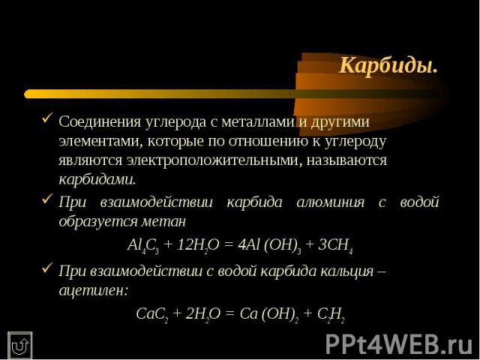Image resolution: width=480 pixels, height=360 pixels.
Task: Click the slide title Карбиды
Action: [388, 65]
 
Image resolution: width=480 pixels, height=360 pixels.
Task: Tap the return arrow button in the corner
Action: [20, 346]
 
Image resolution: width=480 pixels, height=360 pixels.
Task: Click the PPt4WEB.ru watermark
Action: [399, 344]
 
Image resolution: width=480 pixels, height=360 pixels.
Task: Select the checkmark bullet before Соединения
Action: [47, 118]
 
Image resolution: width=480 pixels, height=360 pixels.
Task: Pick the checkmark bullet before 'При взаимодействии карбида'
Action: [47, 199]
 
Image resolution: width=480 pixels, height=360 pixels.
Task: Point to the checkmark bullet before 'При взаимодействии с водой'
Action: [47, 268]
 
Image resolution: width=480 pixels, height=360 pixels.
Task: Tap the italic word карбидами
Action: [97, 179]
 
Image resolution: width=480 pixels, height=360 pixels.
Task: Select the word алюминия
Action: [331, 202]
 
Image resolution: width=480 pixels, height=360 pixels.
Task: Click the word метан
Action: [163, 222]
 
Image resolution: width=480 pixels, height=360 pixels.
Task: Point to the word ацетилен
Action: [93, 290]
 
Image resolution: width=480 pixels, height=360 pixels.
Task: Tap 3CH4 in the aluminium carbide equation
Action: [335, 245]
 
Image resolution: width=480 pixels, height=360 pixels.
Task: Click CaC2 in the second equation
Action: [151, 314]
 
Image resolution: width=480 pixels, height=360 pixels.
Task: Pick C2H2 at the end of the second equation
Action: [331, 314]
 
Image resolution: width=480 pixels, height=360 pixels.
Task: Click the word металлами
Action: [258, 121]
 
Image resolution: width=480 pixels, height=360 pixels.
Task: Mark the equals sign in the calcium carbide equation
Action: [230, 314]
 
